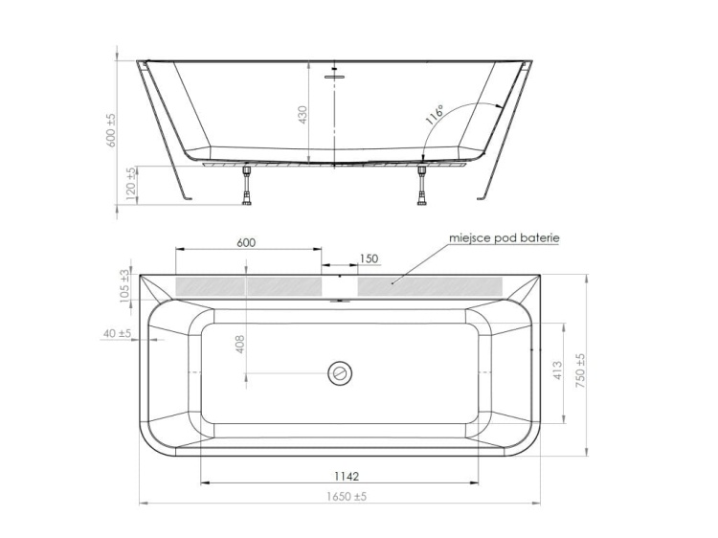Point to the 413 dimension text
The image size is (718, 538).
tap(558, 371)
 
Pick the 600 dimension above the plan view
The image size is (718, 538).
tap(246, 243)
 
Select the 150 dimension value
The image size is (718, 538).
tap(369, 258)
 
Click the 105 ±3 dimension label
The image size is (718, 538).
tap(124, 286)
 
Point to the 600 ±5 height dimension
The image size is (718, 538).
tap(110, 130)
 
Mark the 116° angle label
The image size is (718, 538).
tap(434, 115)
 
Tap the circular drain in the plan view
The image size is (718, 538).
tap(340, 372)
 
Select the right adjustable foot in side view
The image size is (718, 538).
tap(420, 184)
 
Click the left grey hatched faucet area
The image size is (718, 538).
tap(248, 285)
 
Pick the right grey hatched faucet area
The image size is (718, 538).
tap(430, 285)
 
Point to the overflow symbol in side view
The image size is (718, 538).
tap(334, 73)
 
